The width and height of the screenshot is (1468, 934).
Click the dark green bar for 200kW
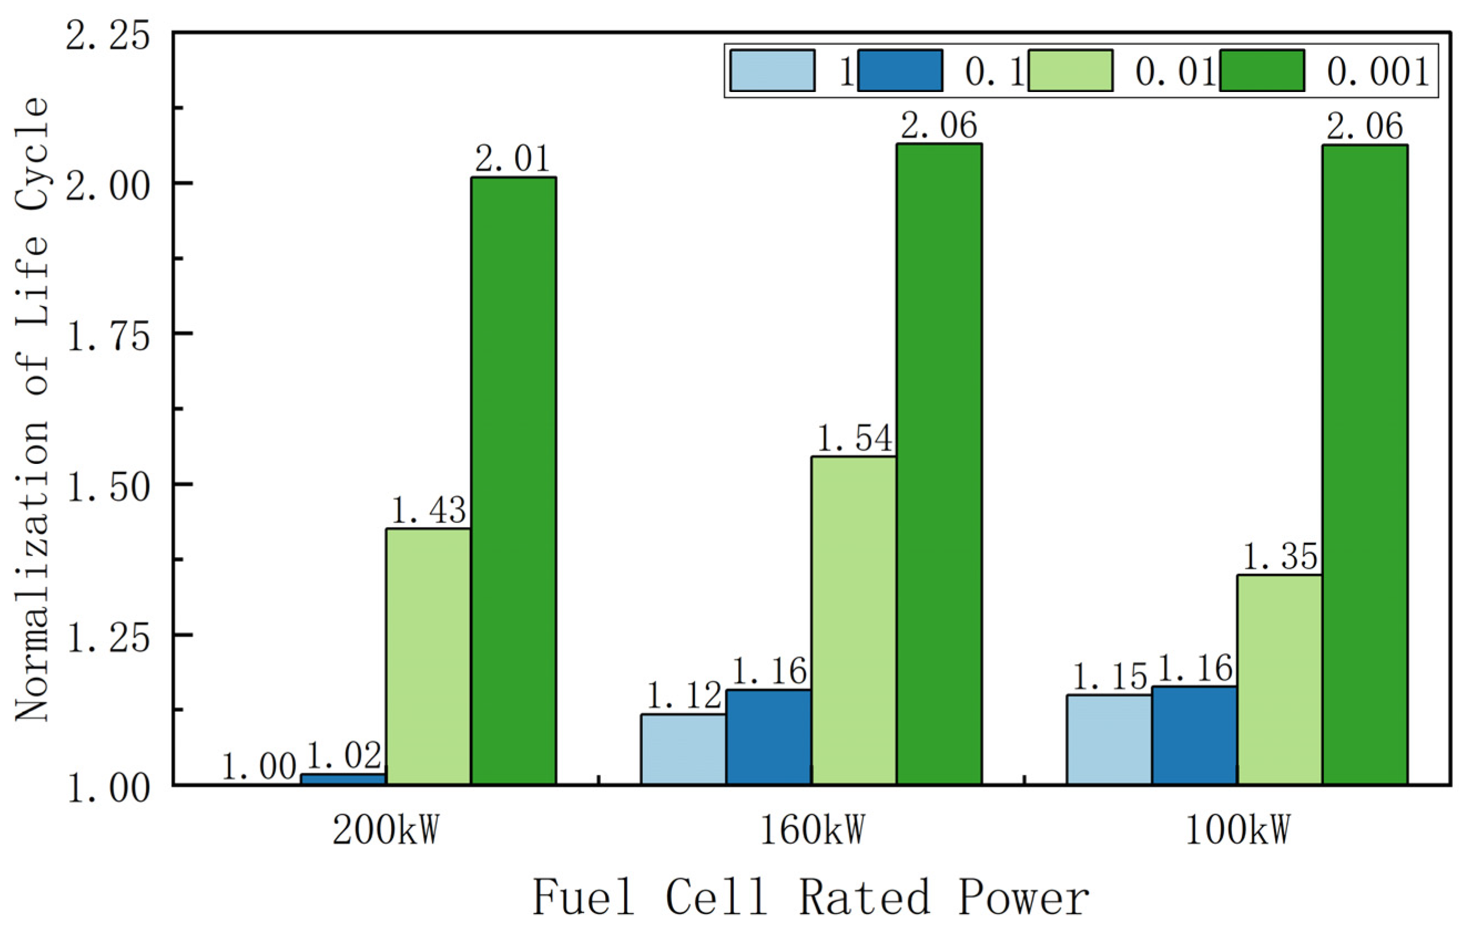click(513, 482)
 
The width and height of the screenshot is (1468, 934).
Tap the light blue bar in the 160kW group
click(683, 750)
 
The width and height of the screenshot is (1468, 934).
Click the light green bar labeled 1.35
click(1280, 680)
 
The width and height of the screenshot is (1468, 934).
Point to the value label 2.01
click(513, 160)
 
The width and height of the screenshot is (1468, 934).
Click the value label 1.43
click(428, 511)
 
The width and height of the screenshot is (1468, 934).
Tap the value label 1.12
click(683, 696)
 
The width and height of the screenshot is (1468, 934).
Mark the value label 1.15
click(1109, 677)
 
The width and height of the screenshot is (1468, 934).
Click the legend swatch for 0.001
click(1262, 71)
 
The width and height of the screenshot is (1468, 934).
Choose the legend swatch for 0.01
click(1070, 71)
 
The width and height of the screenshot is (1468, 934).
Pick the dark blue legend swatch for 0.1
click(900, 71)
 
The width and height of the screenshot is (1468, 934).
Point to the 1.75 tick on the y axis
click(109, 337)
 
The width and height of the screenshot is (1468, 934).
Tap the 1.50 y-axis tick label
click(109, 488)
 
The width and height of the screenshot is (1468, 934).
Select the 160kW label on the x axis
click(812, 830)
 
